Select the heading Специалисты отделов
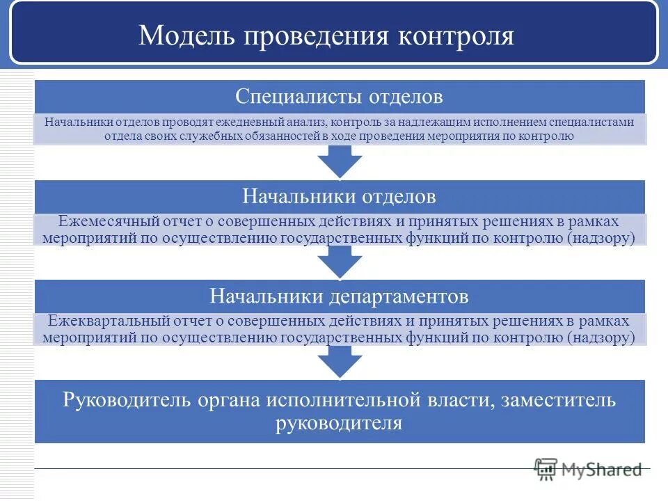tap(339, 96)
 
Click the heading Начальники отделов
tap(339, 197)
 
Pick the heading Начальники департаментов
tap(339, 297)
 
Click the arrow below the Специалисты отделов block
tap(340, 164)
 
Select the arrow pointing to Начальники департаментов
tap(340, 263)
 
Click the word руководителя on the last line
tap(339, 423)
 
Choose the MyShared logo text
tap(601, 470)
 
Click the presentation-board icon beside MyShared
tap(546, 469)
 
